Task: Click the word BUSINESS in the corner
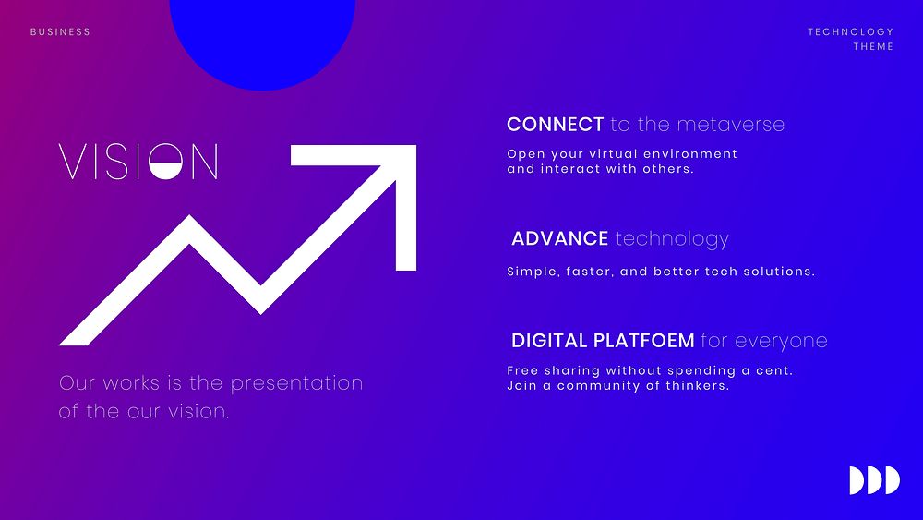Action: click(60, 31)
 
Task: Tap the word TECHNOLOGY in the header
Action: click(850, 31)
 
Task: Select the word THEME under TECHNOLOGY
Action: click(873, 46)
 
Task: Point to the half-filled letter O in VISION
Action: click(165, 161)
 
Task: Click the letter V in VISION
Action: click(72, 162)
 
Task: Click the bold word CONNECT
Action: click(555, 125)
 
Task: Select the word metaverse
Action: click(730, 125)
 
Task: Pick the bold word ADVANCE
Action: click(560, 238)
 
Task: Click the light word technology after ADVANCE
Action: click(672, 239)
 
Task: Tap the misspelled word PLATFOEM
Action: click(644, 341)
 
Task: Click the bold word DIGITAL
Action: click(550, 341)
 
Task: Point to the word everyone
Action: click(781, 341)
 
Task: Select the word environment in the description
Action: click(689, 153)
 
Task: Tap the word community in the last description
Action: click(606, 386)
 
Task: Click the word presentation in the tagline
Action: click(296, 383)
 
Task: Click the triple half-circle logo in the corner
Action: click(875, 480)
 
